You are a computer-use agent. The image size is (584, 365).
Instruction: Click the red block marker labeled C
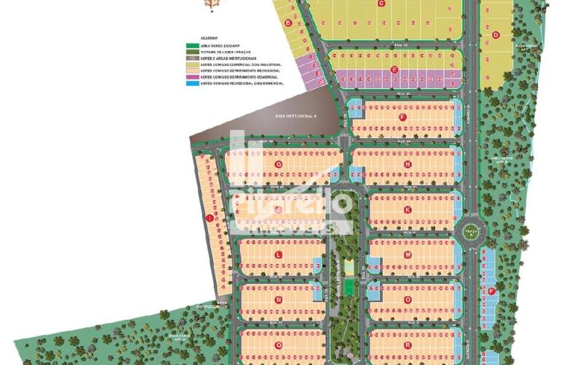381,3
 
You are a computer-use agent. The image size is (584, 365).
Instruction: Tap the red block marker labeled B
288,23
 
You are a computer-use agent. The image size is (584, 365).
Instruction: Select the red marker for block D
496,34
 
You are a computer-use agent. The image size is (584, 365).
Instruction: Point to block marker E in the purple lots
394,70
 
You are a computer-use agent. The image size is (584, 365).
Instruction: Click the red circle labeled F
402,117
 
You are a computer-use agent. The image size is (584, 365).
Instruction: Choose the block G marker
278,164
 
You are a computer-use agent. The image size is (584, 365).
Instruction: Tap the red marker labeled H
407,164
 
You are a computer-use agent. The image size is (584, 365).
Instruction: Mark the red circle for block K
407,210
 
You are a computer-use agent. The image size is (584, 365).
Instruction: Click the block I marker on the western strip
210,218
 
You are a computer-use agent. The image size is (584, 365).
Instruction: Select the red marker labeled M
407,255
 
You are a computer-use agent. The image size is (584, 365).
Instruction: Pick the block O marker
407,299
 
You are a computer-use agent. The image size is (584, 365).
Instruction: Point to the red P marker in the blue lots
491,291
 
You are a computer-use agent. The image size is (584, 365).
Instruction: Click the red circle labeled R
407,345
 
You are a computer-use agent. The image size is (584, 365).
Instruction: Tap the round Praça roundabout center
471,232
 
